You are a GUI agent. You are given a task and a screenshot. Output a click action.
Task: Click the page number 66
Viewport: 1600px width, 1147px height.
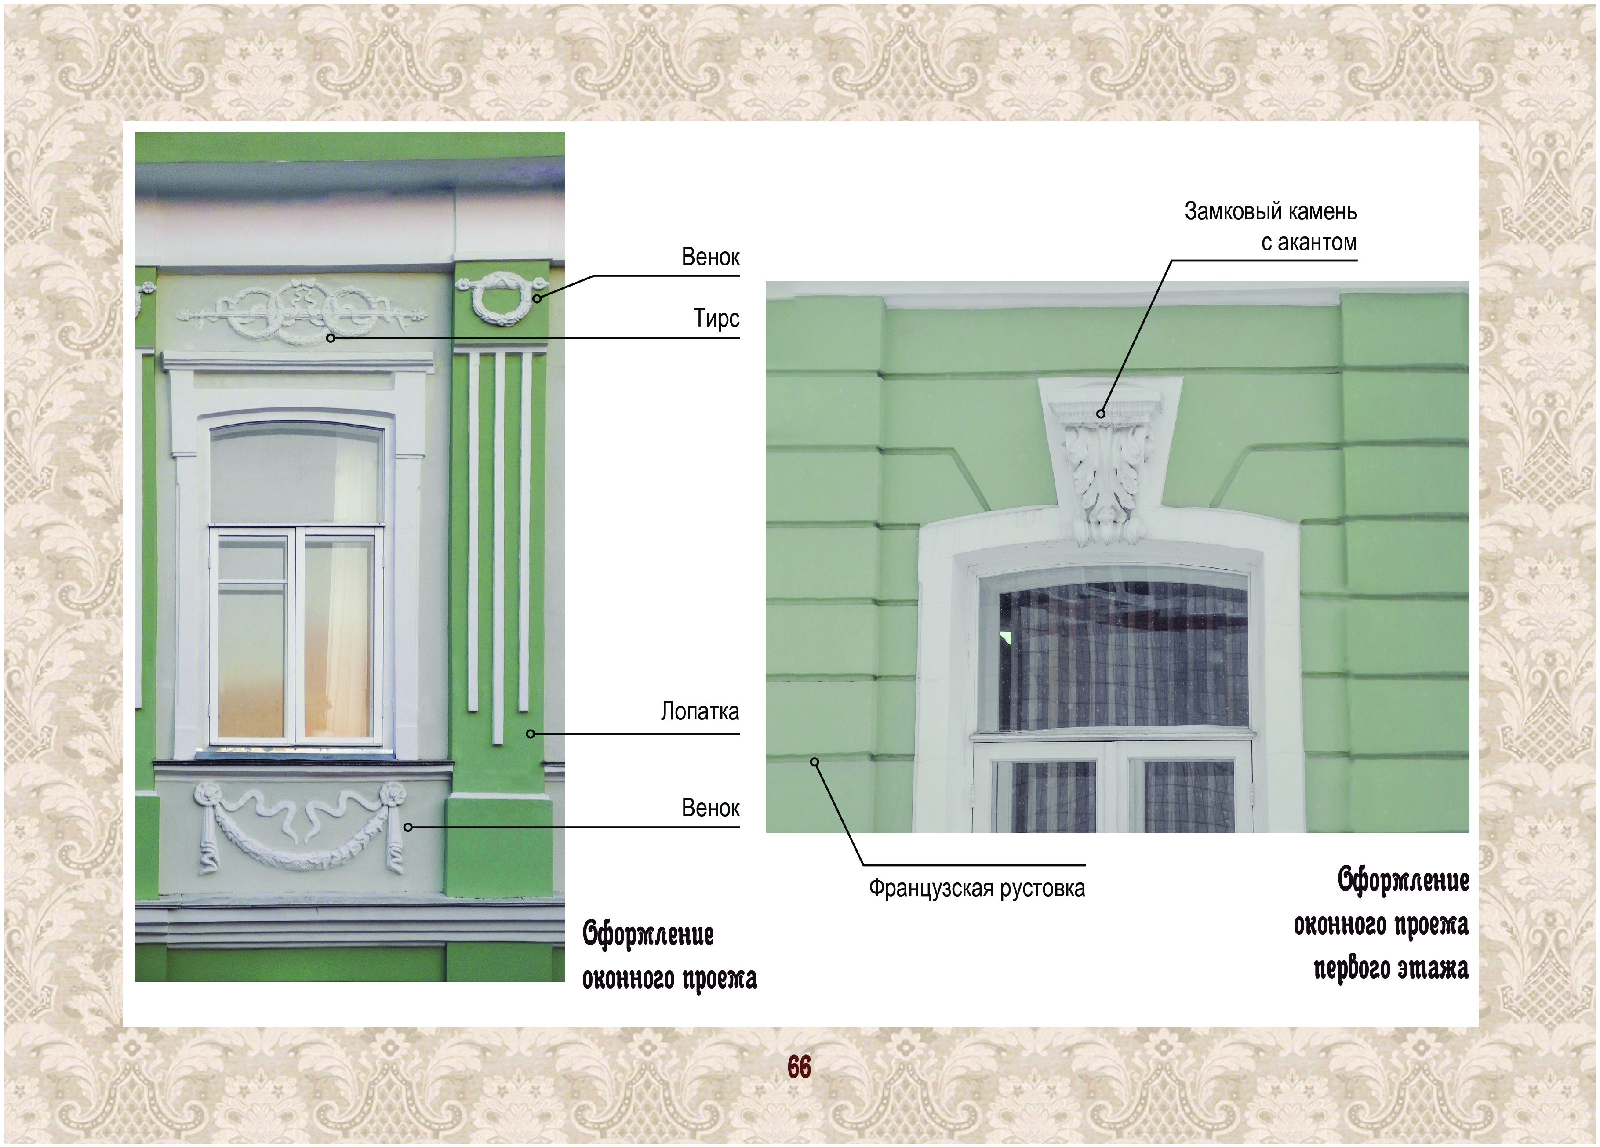pos(799,1067)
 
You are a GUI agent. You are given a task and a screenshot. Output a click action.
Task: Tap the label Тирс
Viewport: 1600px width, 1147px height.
pos(716,319)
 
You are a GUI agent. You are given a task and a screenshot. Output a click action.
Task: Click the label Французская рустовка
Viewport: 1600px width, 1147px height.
pos(976,887)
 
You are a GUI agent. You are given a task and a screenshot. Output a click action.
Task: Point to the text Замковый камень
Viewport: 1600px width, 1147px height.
pos(1270,212)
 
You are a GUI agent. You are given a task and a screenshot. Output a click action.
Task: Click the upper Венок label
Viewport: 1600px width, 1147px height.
pos(710,257)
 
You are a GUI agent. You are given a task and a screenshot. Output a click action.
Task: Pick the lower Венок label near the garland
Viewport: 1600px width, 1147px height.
pos(710,808)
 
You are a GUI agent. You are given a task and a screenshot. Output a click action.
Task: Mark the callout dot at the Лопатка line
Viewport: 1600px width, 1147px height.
pos(531,733)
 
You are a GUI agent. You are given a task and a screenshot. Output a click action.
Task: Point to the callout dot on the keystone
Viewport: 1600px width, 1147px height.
pos(1101,414)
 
